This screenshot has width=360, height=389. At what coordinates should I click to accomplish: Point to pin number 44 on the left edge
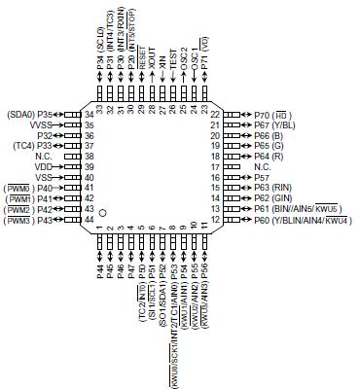[88, 219]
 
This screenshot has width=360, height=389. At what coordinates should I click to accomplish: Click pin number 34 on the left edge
[88, 114]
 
